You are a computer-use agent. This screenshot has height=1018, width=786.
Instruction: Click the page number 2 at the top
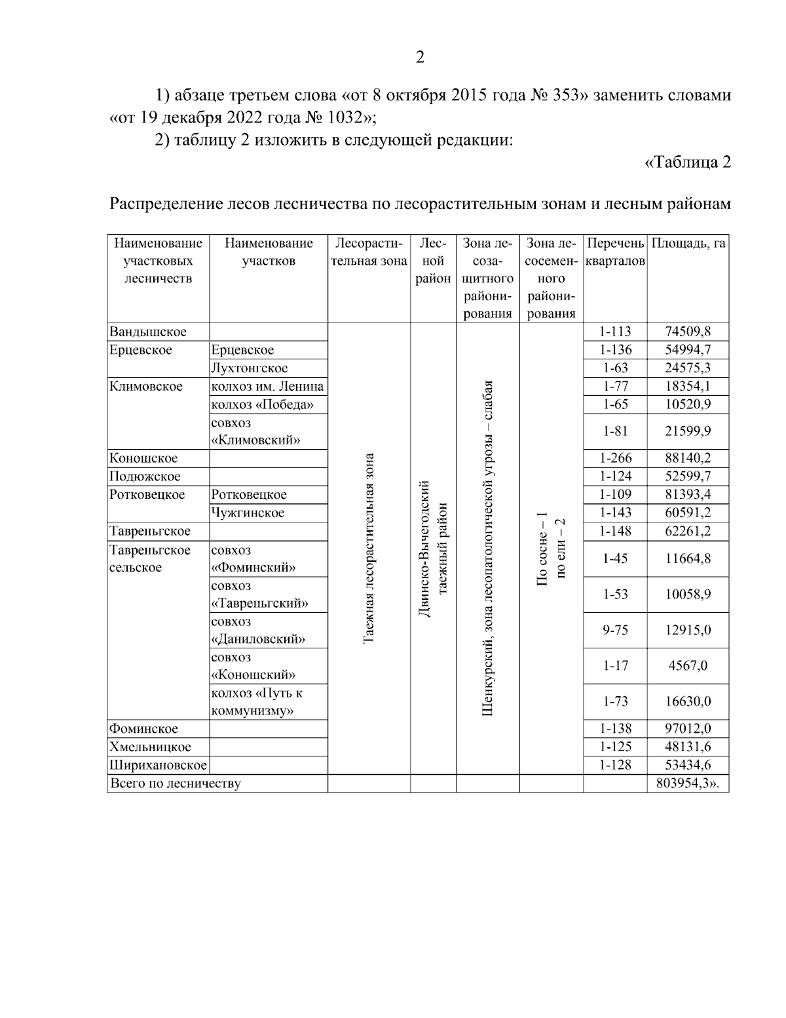click(420, 57)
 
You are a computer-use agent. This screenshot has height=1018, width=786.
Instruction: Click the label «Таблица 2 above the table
click(688, 162)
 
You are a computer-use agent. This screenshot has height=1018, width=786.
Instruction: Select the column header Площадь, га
click(688, 244)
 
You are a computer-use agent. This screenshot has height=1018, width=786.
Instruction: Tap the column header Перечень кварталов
click(615, 252)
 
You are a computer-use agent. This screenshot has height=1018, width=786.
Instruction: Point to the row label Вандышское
click(148, 332)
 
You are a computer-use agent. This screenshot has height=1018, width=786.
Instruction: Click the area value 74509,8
click(688, 332)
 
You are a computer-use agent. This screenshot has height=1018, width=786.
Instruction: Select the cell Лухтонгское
click(250, 368)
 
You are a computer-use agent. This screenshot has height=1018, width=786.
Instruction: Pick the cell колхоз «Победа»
click(262, 404)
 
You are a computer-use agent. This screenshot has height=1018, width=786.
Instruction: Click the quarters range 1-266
click(615, 458)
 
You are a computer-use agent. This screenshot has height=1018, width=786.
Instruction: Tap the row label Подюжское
click(145, 477)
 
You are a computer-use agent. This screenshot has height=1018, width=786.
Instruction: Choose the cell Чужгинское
click(248, 513)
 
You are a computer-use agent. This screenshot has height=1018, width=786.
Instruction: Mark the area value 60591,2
click(688, 513)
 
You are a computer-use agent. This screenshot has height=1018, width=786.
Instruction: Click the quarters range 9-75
click(615, 630)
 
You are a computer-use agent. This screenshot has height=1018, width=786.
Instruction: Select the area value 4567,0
click(688, 666)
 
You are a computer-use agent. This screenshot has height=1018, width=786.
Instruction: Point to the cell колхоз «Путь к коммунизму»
click(257, 702)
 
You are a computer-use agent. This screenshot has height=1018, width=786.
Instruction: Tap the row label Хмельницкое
click(151, 747)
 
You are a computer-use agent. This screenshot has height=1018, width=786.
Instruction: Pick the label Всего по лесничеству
click(176, 783)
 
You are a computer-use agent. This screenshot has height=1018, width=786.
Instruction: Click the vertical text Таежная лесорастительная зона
click(369, 548)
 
